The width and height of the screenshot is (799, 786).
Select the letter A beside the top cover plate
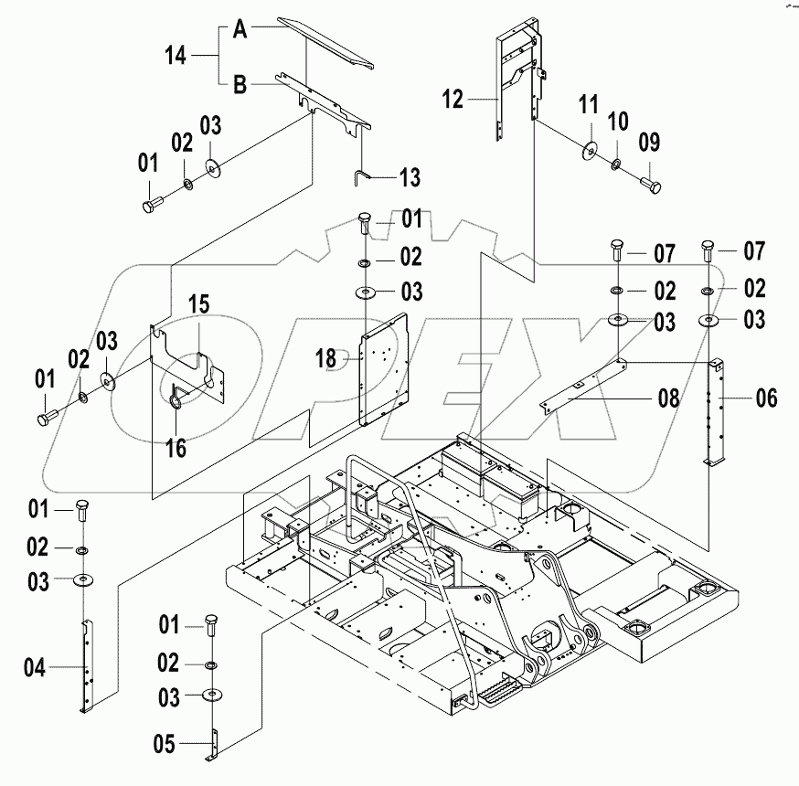pos(239,29)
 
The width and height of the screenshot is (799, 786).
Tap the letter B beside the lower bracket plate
pos(239,86)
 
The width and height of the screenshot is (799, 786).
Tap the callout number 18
pos(326,359)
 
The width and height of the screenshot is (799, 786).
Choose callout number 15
pos(199,303)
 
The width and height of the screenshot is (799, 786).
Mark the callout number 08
pos(669,398)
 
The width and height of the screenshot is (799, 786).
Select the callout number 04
pos(34,669)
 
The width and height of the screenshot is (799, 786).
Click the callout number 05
pos(163,742)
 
